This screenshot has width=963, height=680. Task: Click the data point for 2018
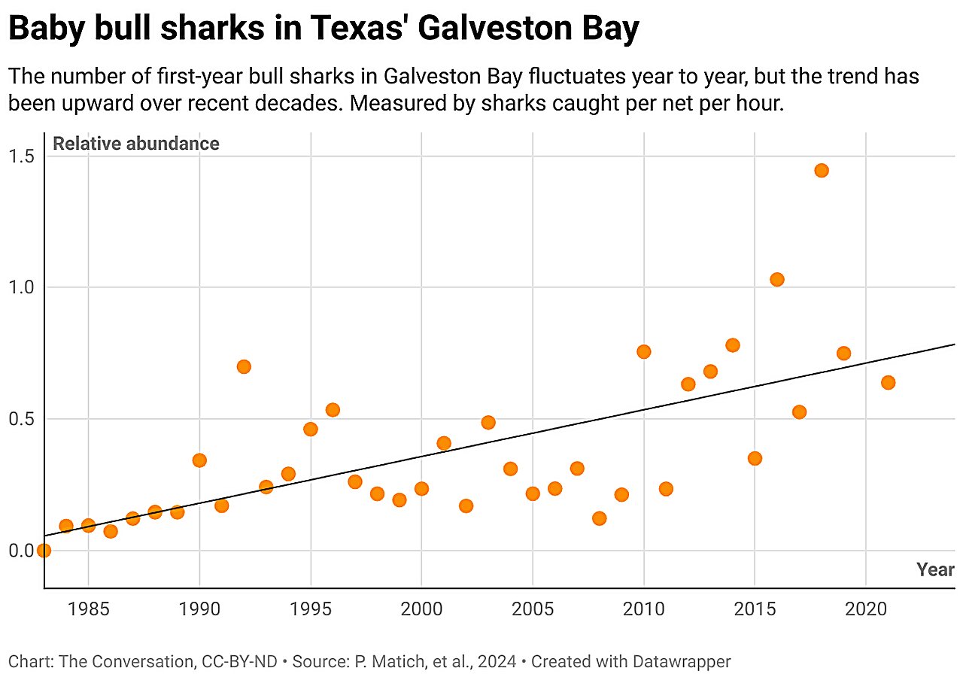click(822, 171)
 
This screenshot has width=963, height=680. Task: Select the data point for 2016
click(777, 280)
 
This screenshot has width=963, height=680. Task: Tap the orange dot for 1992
click(244, 367)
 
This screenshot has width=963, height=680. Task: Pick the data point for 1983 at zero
click(44, 551)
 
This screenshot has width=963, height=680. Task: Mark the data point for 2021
click(888, 383)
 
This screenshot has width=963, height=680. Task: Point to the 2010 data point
click(643, 352)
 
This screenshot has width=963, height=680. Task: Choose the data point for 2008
click(599, 518)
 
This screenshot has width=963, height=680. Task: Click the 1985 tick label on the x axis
click(89, 608)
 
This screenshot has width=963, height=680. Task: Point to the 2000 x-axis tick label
click(421, 608)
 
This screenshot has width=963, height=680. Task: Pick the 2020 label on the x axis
click(866, 608)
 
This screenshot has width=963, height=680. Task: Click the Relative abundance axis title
click(136, 144)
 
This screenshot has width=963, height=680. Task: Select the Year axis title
click(935, 570)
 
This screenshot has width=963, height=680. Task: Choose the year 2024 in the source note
click(499, 662)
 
